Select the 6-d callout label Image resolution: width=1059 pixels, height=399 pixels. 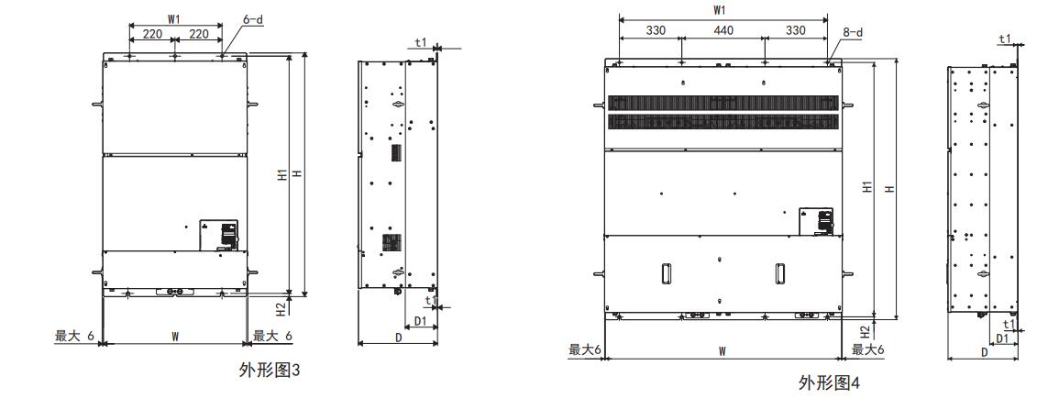253,19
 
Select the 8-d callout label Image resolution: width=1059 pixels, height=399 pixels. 853,32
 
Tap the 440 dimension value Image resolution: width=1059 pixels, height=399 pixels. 723,30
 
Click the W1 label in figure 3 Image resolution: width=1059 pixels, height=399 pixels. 174,19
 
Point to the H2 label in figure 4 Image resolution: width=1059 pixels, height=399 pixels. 865,331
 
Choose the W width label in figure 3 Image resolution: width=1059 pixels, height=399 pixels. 175,336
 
